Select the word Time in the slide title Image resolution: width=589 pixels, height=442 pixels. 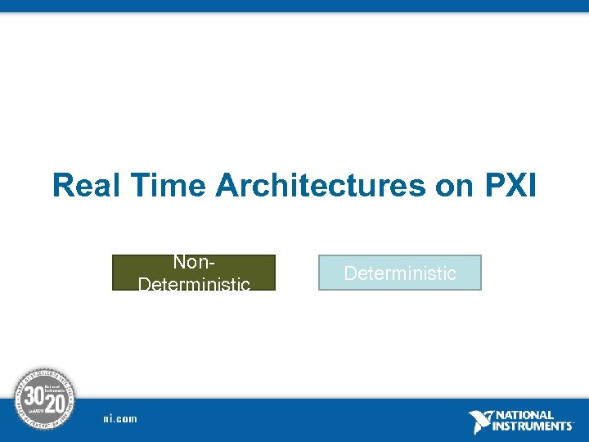coord(170,186)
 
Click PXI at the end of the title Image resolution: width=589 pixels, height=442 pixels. coord(510,186)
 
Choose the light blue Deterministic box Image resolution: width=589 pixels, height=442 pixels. coord(399,273)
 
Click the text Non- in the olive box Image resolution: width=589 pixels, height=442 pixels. coord(194,262)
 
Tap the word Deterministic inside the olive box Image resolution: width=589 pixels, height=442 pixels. coord(194,283)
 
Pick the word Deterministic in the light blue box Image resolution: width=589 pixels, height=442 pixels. coord(400,273)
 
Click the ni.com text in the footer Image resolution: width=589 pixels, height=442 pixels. coord(120,419)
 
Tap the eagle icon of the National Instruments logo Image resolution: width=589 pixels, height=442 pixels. coord(481,422)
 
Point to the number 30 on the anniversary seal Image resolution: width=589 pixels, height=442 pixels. coord(34,396)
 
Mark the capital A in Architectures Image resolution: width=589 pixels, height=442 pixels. coord(229,186)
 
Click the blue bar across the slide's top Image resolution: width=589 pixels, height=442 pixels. coord(294,6)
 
